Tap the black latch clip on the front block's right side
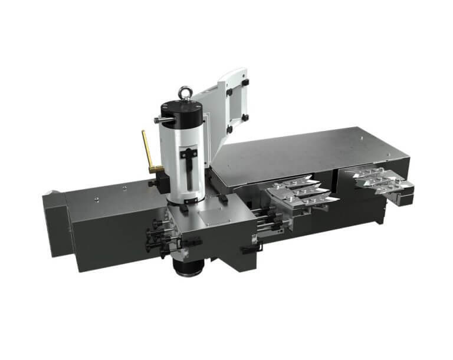click(248, 249)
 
